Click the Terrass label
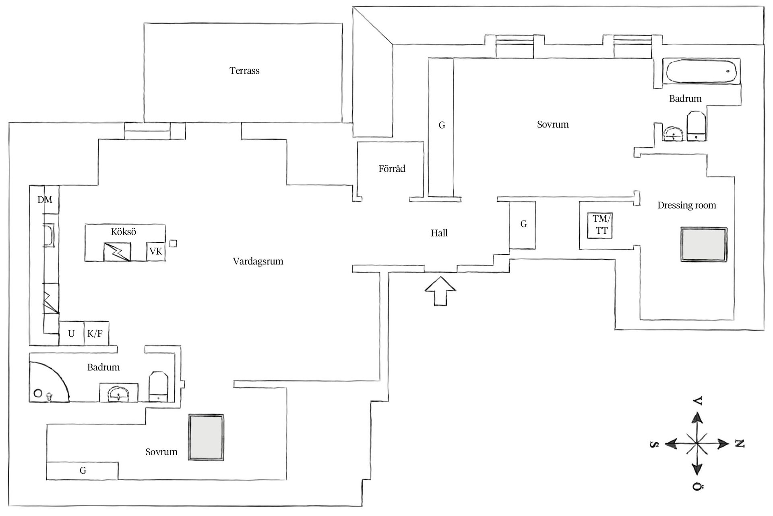(x=244, y=71)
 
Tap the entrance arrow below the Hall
(x=440, y=291)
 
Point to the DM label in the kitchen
(x=45, y=200)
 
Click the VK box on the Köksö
(x=156, y=252)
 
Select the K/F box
(x=95, y=334)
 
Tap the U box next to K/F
(x=71, y=334)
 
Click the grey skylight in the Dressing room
(x=704, y=245)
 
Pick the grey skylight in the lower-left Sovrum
(x=207, y=437)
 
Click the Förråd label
(x=392, y=169)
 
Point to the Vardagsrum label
(x=258, y=261)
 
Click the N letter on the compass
(x=740, y=444)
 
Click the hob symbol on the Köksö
(x=117, y=252)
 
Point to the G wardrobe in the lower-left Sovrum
(x=83, y=470)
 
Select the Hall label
(x=439, y=233)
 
